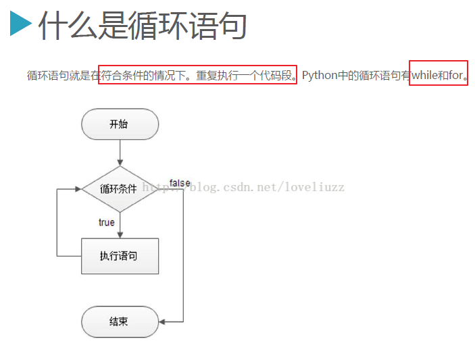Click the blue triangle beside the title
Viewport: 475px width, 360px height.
coord(20,24)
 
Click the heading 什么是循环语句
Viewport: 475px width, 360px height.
coord(143,25)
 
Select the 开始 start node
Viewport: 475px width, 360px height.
coord(120,124)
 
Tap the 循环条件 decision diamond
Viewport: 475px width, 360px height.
coord(120,189)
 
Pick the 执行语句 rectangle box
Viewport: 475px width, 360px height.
coord(120,256)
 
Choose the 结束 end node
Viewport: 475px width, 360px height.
coord(120,322)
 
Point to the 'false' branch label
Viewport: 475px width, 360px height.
coord(180,183)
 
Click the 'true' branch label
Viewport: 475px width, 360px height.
coord(107,222)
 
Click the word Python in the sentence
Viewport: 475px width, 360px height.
coord(320,76)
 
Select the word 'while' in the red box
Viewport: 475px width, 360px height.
coord(425,75)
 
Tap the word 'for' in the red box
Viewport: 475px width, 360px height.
coord(456,75)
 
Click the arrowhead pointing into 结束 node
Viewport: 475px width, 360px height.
coord(162,322)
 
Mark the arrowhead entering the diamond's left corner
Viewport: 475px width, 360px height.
coord(78,189)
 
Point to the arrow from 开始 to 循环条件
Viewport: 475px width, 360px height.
coord(120,153)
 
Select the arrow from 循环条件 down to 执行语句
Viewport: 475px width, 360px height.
coord(120,226)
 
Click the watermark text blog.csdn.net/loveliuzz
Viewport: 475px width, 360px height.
coord(267,187)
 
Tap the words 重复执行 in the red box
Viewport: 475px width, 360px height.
coord(217,76)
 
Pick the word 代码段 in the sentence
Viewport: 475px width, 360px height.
coord(276,76)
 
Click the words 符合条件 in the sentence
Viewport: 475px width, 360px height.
coord(121,76)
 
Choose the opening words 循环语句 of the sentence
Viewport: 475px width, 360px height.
coord(48,76)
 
